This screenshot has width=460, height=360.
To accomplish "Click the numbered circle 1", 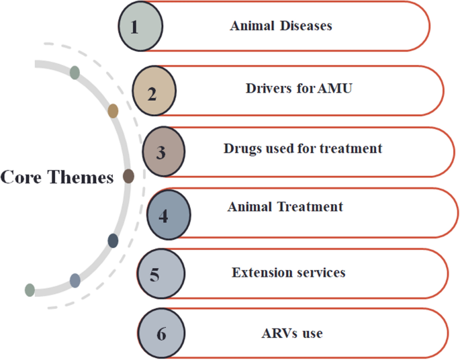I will coord(140,27).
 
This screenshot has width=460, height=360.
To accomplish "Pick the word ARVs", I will coord(277,332).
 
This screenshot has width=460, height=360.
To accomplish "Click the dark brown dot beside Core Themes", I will coord(128,176).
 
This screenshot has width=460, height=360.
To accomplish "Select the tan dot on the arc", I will coord(113,111).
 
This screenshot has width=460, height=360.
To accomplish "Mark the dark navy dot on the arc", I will coord(113,240).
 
